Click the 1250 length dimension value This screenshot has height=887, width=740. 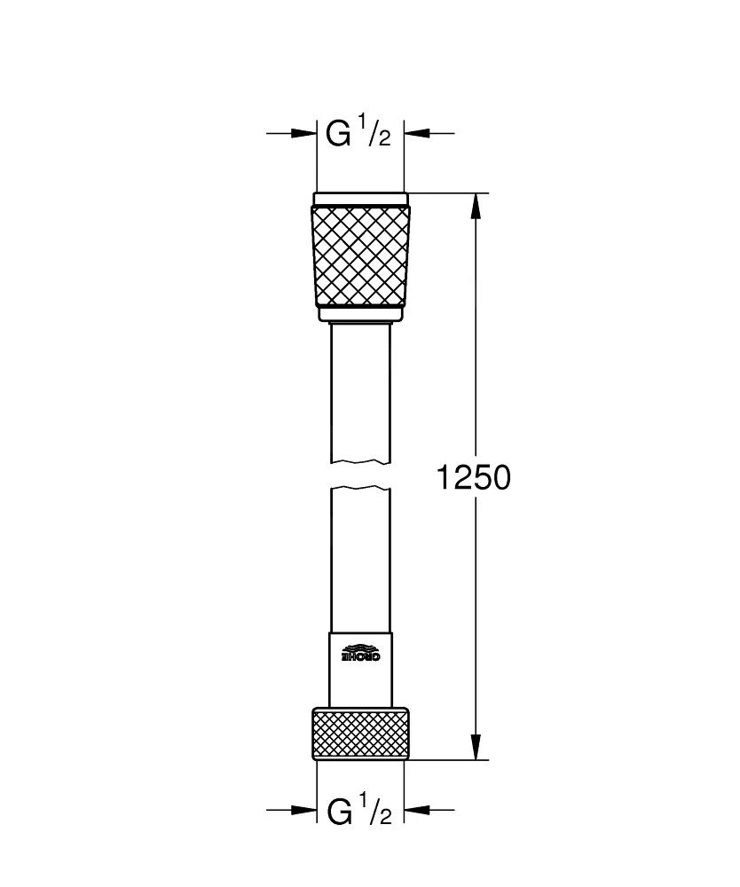(x=473, y=478)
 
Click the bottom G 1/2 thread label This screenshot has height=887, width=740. (x=359, y=810)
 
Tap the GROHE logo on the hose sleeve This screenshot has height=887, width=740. (x=361, y=654)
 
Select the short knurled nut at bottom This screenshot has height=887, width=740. (x=361, y=733)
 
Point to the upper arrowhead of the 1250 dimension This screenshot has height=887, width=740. (x=476, y=206)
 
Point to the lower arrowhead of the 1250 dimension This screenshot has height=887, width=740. (x=476, y=746)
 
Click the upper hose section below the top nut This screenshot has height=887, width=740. (x=361, y=390)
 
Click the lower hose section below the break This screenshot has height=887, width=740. (x=361, y=559)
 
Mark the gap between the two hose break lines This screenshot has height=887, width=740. (x=361, y=474)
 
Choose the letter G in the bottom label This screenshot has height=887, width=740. (x=339, y=811)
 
